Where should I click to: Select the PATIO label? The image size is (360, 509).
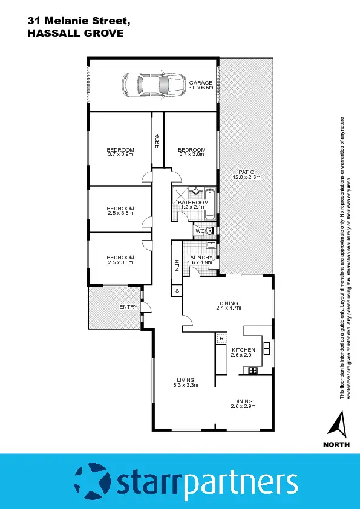click(x=246, y=172)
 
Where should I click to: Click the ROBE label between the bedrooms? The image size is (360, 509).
click(x=157, y=140)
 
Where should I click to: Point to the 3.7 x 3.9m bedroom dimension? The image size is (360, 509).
click(x=120, y=155)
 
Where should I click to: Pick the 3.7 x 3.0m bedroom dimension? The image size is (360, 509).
click(x=191, y=155)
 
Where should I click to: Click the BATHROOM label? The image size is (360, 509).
click(x=193, y=203)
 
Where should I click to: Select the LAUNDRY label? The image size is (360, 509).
click(x=200, y=258)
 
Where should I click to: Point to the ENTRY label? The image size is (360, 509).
click(x=128, y=307)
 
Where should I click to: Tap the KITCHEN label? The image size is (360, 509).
click(x=243, y=350)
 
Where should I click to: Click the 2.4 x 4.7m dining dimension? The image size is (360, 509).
click(x=228, y=308)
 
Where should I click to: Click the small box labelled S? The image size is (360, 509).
click(x=177, y=291)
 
